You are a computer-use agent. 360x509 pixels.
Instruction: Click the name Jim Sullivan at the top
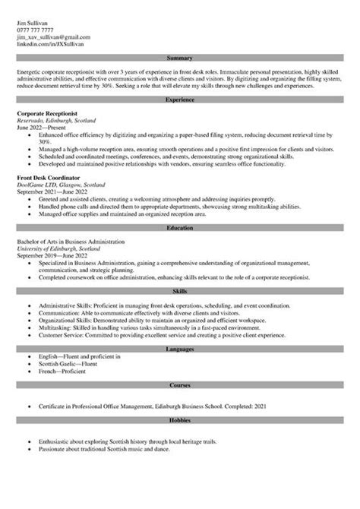click(x=33, y=22)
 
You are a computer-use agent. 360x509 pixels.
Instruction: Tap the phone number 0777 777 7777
click(x=34, y=30)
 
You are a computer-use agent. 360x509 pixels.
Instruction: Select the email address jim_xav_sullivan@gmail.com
click(x=52, y=36)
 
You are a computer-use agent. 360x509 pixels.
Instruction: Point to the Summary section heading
click(x=180, y=58)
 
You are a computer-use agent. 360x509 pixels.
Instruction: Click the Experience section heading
click(x=180, y=100)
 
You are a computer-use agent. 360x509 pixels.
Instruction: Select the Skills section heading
click(x=180, y=289)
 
